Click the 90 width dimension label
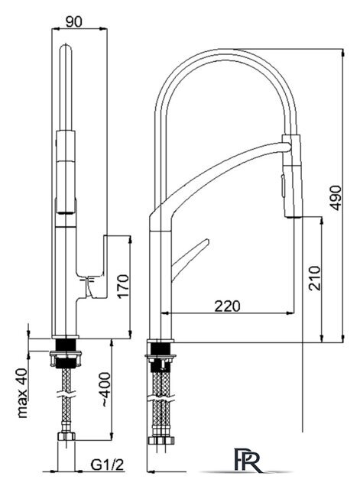click(74, 21)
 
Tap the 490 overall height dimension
click(336, 198)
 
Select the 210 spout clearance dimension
click(314, 278)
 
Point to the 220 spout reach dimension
click(228, 306)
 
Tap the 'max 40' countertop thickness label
click(22, 393)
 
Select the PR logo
click(248, 461)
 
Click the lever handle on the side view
click(190, 260)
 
